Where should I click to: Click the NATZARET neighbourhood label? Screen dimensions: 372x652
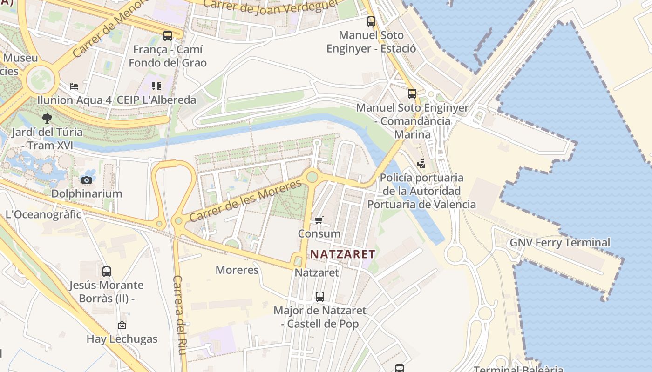[x=343, y=254]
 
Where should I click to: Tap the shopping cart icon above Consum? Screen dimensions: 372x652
[x=319, y=220]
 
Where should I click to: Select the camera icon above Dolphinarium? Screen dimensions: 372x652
[x=86, y=180]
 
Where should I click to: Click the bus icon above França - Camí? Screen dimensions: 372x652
[x=168, y=35]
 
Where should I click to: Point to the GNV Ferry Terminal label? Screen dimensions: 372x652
[x=560, y=242]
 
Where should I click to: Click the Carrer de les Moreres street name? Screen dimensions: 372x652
[x=245, y=201]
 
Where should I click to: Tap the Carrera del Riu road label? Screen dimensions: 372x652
[x=179, y=315]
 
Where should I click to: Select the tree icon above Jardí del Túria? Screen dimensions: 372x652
[x=47, y=118]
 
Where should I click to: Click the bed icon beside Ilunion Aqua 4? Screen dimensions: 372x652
[x=74, y=86]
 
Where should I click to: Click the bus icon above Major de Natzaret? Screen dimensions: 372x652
[x=320, y=296]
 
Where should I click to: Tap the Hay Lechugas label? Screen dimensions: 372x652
[x=122, y=339]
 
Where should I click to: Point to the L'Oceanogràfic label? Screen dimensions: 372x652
[x=43, y=214]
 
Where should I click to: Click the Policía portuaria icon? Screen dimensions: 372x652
[x=421, y=164]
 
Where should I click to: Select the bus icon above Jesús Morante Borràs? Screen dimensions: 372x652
[x=107, y=271]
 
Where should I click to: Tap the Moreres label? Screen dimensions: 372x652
[x=237, y=270]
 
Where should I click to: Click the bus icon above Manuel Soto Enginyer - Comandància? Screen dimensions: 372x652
[x=412, y=94]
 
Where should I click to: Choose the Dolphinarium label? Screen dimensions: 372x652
[x=87, y=193]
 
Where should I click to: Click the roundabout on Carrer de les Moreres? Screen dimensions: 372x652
[x=312, y=177]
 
